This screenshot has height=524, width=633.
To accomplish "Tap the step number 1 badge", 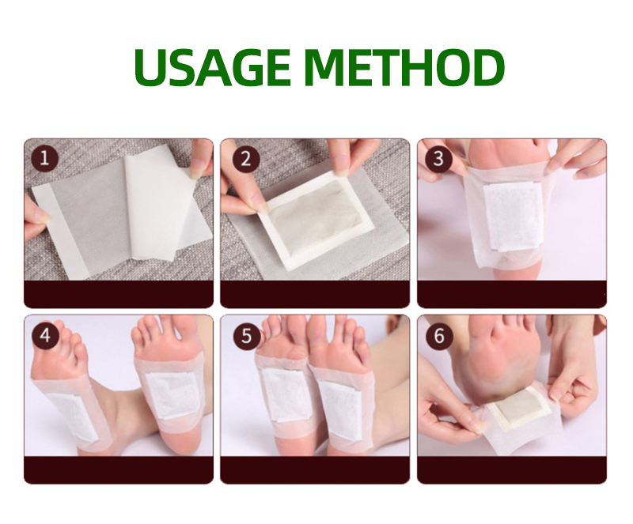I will [44, 159].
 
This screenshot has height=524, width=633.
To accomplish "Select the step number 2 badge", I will [246, 159].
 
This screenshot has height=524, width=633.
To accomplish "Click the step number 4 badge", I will [44, 335].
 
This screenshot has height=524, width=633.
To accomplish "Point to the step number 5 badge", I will [246, 335].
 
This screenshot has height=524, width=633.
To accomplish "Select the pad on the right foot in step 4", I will [173, 393].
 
